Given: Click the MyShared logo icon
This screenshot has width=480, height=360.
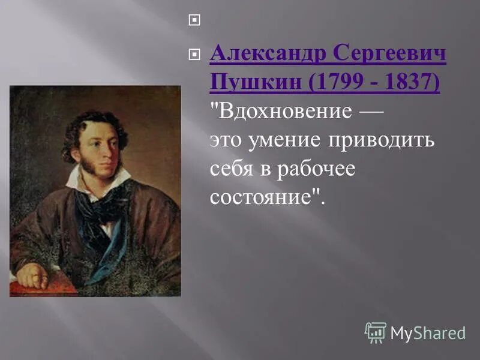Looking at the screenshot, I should pyautogui.click(x=375, y=332).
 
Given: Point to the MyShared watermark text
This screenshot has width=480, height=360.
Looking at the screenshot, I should pyautogui.click(x=427, y=332).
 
